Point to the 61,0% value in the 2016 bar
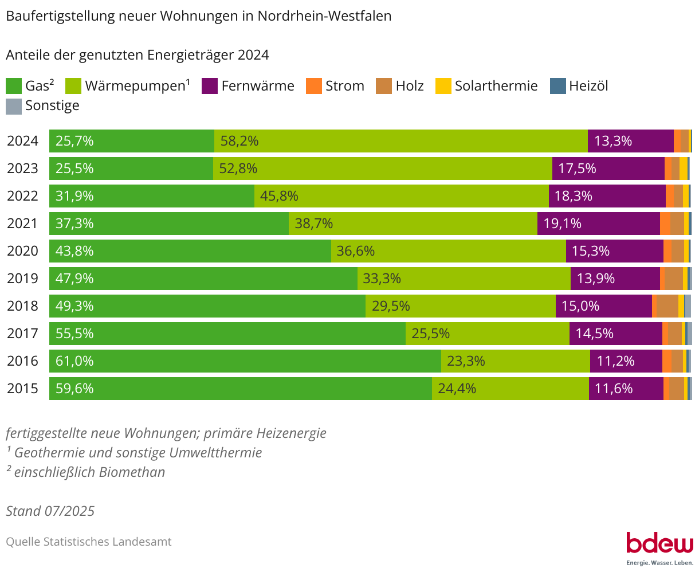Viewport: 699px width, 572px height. point(74,361)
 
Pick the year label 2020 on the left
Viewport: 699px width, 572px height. point(23,251)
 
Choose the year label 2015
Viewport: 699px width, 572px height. point(23,389)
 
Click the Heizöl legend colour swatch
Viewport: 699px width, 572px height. point(557,87)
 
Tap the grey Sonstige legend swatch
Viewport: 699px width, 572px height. point(14,106)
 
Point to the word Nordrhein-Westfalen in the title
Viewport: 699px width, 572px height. point(324,16)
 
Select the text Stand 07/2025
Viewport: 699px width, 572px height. point(50,511)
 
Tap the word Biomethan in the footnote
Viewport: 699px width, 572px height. point(132,472)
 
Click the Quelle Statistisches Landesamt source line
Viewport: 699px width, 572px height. point(89,542)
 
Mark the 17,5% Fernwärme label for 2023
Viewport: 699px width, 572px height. point(577,169)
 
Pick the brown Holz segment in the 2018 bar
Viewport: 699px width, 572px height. point(667,306)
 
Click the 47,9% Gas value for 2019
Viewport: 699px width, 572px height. point(74,279)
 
